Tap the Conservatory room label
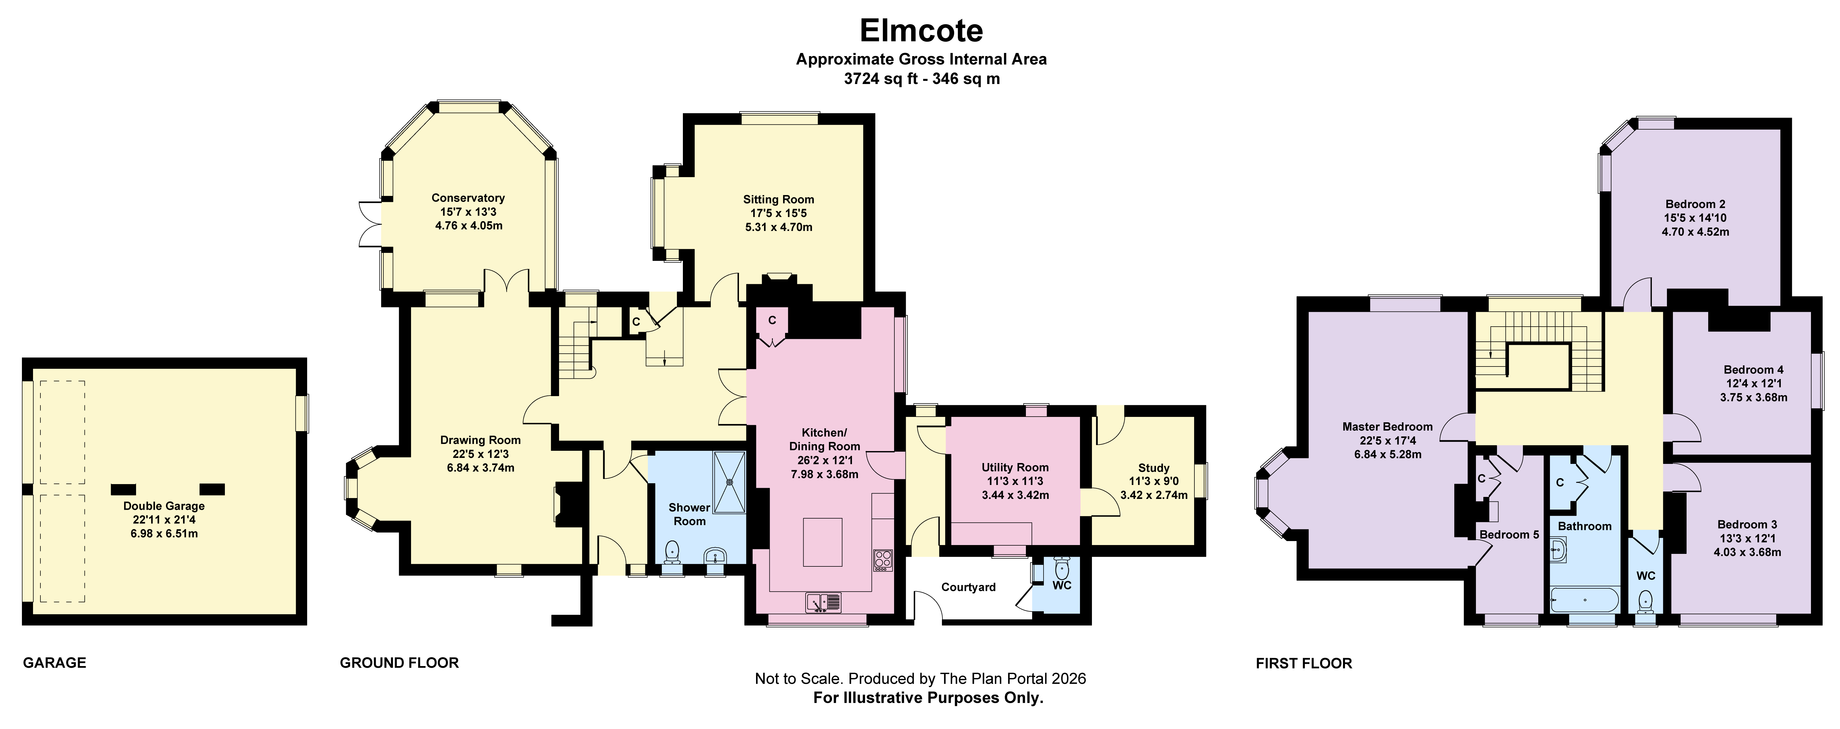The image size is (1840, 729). [x=468, y=198]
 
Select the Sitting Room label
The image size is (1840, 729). [x=779, y=199]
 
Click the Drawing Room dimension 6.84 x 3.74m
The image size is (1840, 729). [x=480, y=467]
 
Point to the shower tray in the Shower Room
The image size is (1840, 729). [x=729, y=482]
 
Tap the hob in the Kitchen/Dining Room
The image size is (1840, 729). [x=883, y=560]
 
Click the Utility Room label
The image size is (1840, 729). [x=1015, y=467]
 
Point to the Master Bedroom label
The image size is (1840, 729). [x=1387, y=427]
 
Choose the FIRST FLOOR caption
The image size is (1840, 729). [x=1304, y=663]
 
